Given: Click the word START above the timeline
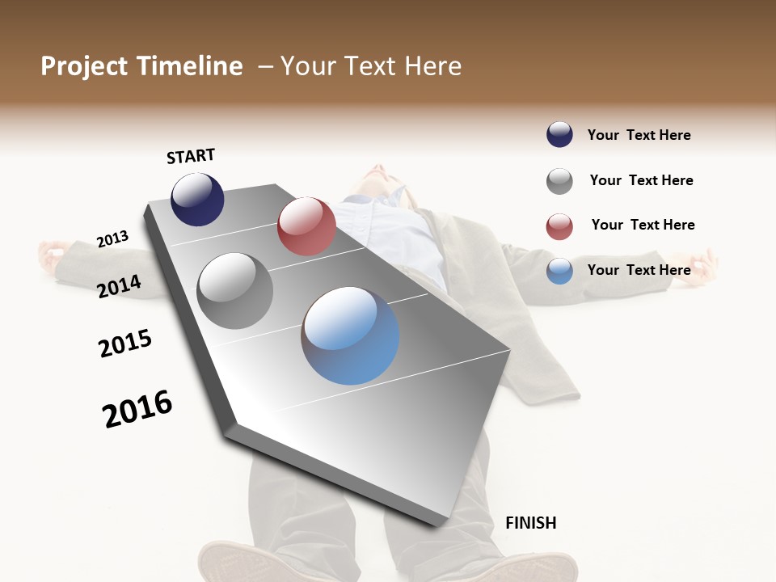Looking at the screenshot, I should pyautogui.click(x=191, y=156).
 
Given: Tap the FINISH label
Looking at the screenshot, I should pyautogui.click(x=530, y=523).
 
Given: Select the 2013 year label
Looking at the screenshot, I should pyautogui.click(x=113, y=239).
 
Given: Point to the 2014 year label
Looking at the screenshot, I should pyautogui.click(x=120, y=286).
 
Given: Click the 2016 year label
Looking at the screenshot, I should pyautogui.click(x=138, y=409).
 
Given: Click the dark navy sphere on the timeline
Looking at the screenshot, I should pyautogui.click(x=197, y=199).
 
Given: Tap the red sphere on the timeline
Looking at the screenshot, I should pyautogui.click(x=306, y=226).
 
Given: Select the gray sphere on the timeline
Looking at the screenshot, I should pyautogui.click(x=235, y=291).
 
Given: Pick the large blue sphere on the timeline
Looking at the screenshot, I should pyautogui.click(x=351, y=335).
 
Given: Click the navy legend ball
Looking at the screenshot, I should pyautogui.click(x=559, y=135).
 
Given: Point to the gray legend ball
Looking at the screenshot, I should pyautogui.click(x=559, y=181).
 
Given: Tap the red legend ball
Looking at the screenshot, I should pyautogui.click(x=559, y=226).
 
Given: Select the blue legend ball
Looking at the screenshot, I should pyautogui.click(x=559, y=271).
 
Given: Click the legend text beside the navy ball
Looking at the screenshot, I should pyautogui.click(x=639, y=135).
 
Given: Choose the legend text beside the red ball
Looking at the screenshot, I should pyautogui.click(x=643, y=225).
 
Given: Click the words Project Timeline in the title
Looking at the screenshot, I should pyautogui.click(x=141, y=66).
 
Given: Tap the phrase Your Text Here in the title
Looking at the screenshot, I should pyautogui.click(x=371, y=66).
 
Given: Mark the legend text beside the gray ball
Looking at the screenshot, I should pyautogui.click(x=641, y=180).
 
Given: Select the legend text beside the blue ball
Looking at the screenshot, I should pyautogui.click(x=639, y=270).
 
